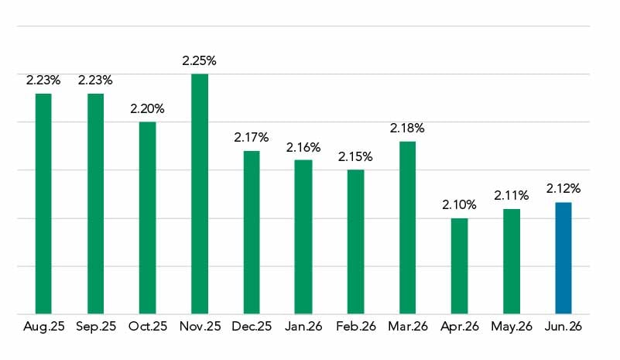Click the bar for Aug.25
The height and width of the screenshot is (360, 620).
click(43, 204)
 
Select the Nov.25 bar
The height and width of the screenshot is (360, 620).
click(200, 194)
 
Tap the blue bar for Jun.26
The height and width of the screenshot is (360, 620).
click(563, 259)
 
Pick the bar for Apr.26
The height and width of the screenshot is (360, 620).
click(460, 266)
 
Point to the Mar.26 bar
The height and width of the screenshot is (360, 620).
click(407, 228)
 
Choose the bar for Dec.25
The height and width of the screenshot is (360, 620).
click(252, 232)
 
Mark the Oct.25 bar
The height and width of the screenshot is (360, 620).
click(148, 218)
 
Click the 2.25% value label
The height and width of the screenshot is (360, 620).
click(199, 61)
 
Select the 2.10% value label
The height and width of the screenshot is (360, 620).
click(459, 205)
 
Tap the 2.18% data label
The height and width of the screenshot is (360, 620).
click(407, 129)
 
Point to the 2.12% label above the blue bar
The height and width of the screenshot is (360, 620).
click(563, 189)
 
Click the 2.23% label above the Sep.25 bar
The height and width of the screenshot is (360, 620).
click(95, 81)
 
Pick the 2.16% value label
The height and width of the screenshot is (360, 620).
click(303, 148)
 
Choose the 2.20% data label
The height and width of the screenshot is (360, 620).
click(148, 109)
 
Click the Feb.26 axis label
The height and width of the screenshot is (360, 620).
click(356, 327)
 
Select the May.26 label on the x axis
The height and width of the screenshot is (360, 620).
click(512, 327)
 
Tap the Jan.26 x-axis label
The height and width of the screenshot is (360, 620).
click(303, 327)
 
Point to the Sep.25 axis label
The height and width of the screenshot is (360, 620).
click(96, 327)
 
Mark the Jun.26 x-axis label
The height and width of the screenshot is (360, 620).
click(563, 327)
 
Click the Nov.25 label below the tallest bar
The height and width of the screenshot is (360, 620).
click(200, 327)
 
